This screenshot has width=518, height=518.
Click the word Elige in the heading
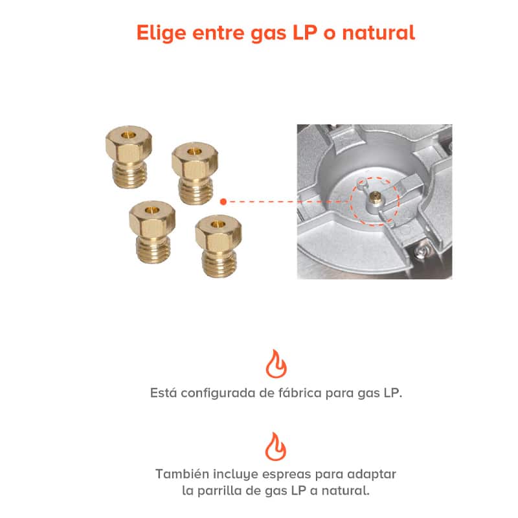tap(161, 34)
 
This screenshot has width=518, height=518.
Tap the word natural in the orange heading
tap(379, 32)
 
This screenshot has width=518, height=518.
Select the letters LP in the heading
tap(305, 32)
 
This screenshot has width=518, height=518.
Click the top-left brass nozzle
tap(129, 157)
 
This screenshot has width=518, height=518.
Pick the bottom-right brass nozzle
tap(218, 246)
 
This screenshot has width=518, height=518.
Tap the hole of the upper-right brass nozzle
tap(195, 152)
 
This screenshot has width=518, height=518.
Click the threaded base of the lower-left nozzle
tap(153, 249)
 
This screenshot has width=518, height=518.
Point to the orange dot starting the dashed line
tap(223, 201)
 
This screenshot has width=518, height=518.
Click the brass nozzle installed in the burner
tap(375, 196)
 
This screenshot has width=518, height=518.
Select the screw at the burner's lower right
tap(421, 253)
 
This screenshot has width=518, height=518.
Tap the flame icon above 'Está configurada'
tap(276, 364)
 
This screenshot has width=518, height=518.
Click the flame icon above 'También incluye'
tap(276, 447)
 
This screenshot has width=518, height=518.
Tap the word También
tap(183, 474)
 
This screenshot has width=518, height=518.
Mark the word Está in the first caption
tap(163, 392)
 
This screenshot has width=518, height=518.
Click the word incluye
tap(236, 475)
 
